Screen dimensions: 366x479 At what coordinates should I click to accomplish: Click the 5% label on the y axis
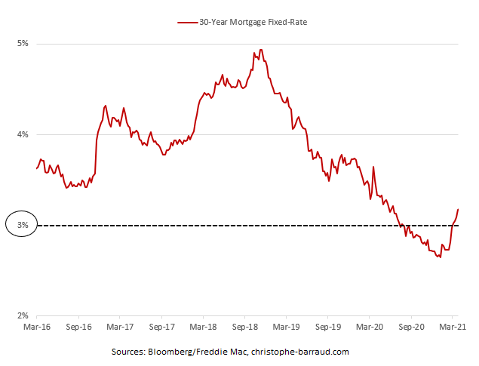[23, 44]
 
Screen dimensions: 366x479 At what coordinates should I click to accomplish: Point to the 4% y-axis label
[23, 135]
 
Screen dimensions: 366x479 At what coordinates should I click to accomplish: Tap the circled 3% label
[22, 226]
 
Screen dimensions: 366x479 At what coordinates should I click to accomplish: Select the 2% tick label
[23, 317]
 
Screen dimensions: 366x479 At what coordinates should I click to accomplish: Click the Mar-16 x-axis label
[37, 329]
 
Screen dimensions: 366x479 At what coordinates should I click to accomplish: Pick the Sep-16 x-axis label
[78, 329]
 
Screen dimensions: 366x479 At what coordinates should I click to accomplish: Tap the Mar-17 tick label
[120, 329]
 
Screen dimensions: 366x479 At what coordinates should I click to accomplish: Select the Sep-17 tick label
[161, 329]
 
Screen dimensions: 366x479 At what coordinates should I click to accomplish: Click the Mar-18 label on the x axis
[203, 329]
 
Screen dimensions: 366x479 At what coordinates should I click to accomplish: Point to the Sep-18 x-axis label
[244, 329]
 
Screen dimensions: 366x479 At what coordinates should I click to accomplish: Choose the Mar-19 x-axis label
[286, 329]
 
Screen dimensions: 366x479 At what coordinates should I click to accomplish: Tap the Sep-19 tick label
[327, 329]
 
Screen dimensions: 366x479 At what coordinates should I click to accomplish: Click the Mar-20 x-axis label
[369, 329]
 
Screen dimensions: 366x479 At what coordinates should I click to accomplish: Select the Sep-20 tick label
[410, 329]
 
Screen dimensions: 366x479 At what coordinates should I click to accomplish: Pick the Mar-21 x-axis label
[451, 329]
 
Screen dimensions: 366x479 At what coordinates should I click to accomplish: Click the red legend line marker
[186, 23]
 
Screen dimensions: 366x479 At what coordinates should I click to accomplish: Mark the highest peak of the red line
[261, 51]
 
